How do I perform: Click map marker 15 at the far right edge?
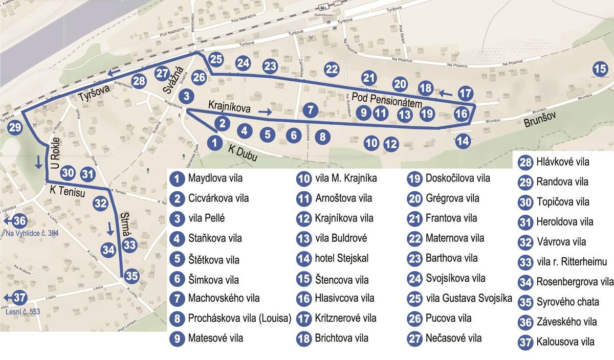pyautogui.click(x=600, y=68)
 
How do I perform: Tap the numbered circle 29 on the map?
pyautogui.click(x=15, y=127)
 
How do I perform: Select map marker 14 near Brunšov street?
pyautogui.click(x=463, y=141)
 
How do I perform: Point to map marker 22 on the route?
pyautogui.click(x=332, y=69)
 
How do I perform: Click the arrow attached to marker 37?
pyautogui.click(x=7, y=297)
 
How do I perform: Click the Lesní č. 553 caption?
pyautogui.click(x=23, y=310)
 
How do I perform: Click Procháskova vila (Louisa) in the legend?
pyautogui.click(x=239, y=318)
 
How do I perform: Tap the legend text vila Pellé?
pyautogui.click(x=206, y=218)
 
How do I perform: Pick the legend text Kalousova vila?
pyautogui.click(x=565, y=342)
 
